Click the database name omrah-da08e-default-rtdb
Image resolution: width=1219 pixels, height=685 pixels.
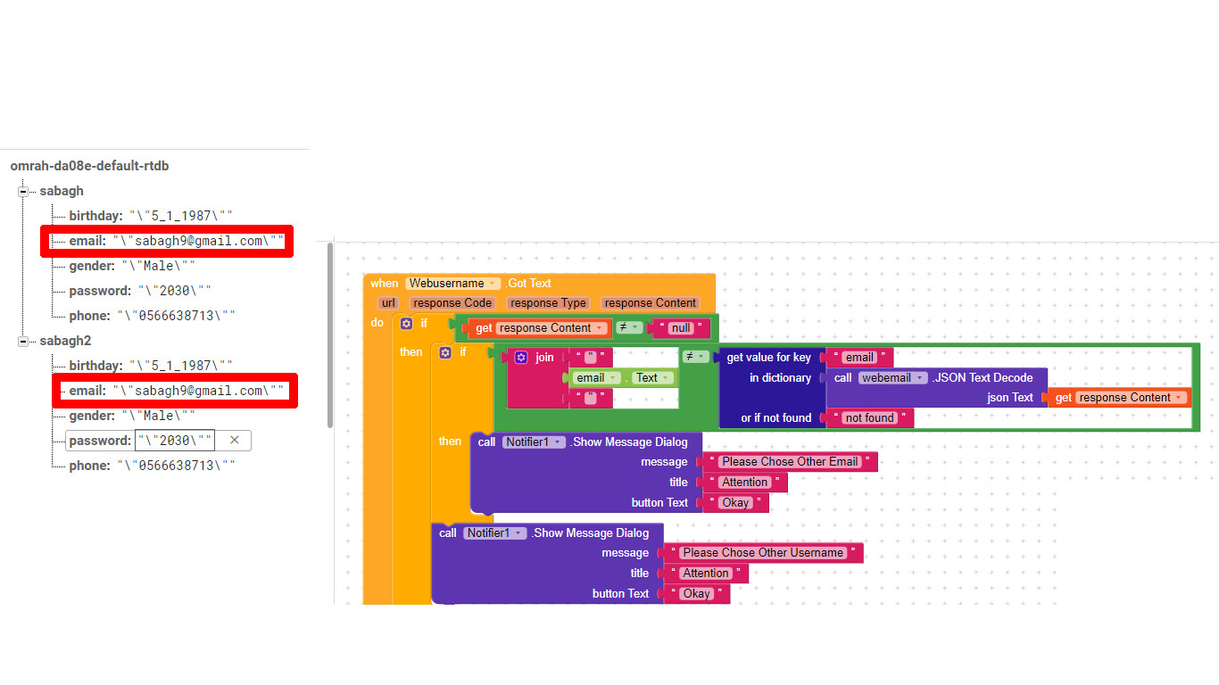(x=89, y=166)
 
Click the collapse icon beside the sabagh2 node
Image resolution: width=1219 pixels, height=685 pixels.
(x=23, y=341)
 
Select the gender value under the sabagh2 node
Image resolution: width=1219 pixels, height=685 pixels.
(x=158, y=416)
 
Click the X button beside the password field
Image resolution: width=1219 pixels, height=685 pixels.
(x=235, y=440)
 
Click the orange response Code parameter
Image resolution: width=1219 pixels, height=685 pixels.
(x=452, y=303)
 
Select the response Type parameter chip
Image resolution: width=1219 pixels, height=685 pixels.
(x=548, y=303)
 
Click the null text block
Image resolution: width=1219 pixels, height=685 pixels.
(x=682, y=328)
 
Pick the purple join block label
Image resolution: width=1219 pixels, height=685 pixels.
(x=544, y=358)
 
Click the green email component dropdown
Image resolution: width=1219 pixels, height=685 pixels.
(x=596, y=378)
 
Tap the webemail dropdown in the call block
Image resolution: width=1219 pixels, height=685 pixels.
(x=892, y=378)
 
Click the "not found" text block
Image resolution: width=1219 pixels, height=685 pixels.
(x=869, y=418)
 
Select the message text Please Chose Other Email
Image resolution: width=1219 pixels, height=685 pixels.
(x=790, y=462)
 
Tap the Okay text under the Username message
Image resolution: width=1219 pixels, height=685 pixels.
(x=696, y=594)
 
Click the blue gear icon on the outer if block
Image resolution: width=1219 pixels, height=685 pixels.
(x=407, y=323)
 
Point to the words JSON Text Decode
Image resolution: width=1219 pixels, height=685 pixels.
(x=984, y=378)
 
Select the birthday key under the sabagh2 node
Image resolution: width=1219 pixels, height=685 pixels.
(x=95, y=366)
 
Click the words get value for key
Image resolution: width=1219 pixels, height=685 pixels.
(x=768, y=358)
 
